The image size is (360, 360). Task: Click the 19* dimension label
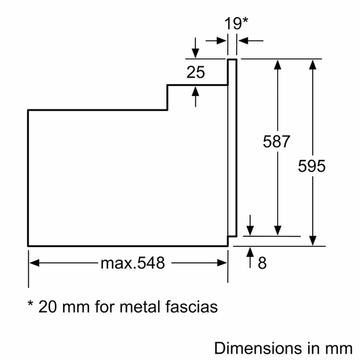(236, 23)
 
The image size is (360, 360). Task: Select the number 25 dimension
(196, 73)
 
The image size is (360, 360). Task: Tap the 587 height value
(276, 141)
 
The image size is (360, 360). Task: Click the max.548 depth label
(133, 263)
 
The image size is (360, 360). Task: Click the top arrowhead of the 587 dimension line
(277, 64)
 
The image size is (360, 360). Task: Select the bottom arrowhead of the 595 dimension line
(312, 241)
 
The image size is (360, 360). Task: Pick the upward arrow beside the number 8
(251, 252)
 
